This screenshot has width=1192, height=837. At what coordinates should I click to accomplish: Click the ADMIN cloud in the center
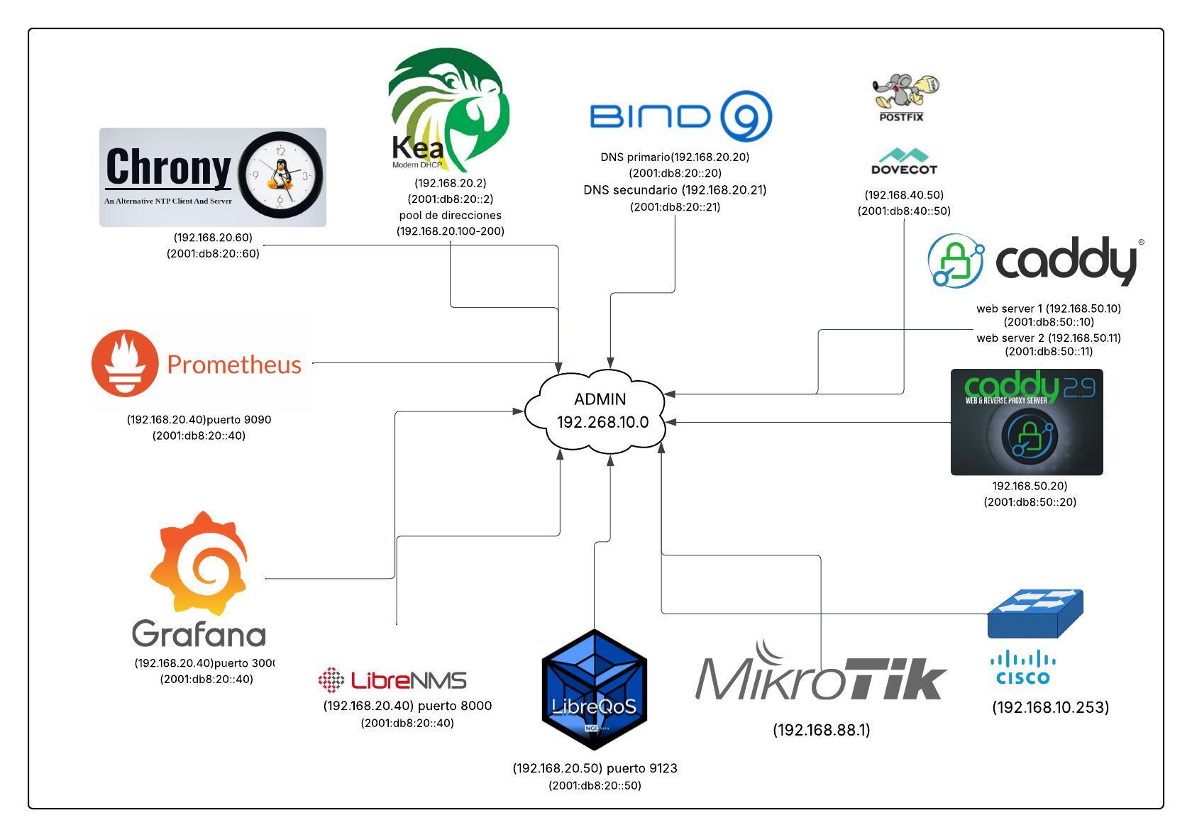click(x=600, y=411)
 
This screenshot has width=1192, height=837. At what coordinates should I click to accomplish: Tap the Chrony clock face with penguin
click(x=281, y=175)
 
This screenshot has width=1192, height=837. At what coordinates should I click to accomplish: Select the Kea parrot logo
click(x=448, y=111)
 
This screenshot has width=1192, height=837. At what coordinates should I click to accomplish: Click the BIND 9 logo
click(x=680, y=116)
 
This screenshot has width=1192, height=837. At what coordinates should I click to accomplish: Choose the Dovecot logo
click(x=903, y=161)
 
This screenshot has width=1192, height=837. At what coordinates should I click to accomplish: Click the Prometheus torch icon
click(x=124, y=362)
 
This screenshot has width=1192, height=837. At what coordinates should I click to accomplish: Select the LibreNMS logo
click(x=392, y=680)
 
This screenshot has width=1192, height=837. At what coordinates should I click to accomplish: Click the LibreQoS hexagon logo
click(x=594, y=689)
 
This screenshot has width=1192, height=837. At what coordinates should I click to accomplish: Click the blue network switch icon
click(x=1035, y=613)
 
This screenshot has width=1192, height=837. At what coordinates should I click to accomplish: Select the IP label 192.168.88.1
click(x=821, y=730)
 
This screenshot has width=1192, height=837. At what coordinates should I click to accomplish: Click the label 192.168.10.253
click(x=1050, y=707)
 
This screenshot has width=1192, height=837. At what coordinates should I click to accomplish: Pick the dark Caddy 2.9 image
click(x=1026, y=422)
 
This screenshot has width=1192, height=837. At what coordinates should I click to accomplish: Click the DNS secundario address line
click(x=675, y=190)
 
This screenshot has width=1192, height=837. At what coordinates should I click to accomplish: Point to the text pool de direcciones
click(x=450, y=215)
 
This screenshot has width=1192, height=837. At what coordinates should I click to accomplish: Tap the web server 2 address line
click(x=1048, y=338)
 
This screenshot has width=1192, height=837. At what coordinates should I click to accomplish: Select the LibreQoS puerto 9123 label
click(x=595, y=768)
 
